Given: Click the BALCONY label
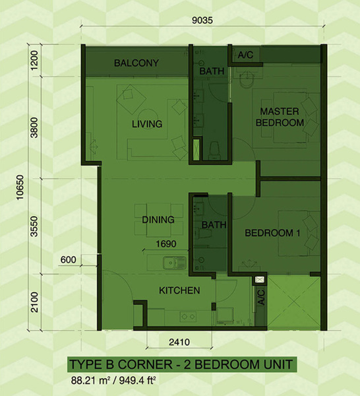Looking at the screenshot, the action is point(136,63).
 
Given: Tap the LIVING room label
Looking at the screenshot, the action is point(147,124).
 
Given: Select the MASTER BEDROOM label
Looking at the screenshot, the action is point(280,117).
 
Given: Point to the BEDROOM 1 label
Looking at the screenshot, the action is point(272,233).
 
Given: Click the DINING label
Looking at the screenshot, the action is point(158,220).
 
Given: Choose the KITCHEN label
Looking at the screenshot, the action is point(179,290).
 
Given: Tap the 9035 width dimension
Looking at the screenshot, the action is point(202,20).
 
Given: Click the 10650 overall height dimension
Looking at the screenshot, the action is point(20,187).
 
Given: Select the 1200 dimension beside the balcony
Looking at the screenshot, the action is point(34,61).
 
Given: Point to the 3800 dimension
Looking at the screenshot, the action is point(34,127).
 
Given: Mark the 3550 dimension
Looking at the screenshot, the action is point(34,226).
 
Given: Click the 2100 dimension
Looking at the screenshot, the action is point(34,302).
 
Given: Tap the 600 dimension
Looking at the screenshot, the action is point(68,259).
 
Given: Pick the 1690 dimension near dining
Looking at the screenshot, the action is point(166,244).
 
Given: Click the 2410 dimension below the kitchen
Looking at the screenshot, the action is point(179,342).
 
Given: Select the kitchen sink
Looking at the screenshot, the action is point(175,263).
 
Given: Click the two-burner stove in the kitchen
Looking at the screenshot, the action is point(188,316).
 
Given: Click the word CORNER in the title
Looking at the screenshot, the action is point(145,364).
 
